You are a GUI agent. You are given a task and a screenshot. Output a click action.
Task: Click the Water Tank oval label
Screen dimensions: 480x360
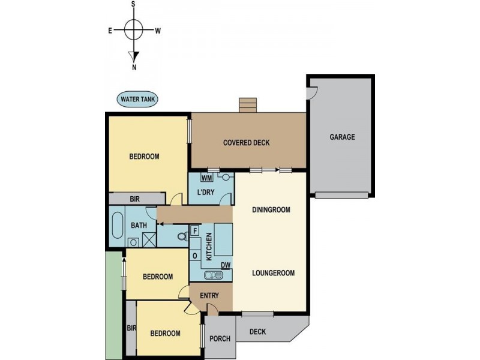138,99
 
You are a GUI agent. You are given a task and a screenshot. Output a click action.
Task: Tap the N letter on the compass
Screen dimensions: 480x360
134,67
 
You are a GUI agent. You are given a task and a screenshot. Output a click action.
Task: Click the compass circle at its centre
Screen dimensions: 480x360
134,29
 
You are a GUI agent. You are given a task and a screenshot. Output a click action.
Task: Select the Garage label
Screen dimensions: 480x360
342,137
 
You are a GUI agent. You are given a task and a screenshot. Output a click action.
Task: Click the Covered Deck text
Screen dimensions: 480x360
247,143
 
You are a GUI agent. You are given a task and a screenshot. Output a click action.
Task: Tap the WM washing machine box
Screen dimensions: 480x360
206,178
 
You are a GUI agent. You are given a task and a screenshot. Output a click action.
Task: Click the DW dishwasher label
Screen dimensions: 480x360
226,265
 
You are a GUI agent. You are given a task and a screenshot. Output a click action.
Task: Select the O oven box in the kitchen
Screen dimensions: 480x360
195,256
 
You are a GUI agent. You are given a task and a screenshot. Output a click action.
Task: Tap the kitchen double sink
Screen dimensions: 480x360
214,275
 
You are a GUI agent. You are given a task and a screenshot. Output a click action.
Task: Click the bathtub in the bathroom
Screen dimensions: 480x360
118,226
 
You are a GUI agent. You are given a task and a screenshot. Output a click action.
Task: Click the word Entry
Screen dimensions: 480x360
209,296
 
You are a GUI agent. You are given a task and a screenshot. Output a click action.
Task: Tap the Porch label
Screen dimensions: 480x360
220,338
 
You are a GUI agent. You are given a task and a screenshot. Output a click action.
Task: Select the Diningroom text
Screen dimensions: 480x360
271,210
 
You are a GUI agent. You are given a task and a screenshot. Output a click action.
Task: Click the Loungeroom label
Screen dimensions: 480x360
274,273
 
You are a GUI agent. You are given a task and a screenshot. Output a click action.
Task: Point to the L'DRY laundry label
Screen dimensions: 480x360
205,193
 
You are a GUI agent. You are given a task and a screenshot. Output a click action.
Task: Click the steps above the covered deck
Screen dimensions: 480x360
248,106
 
